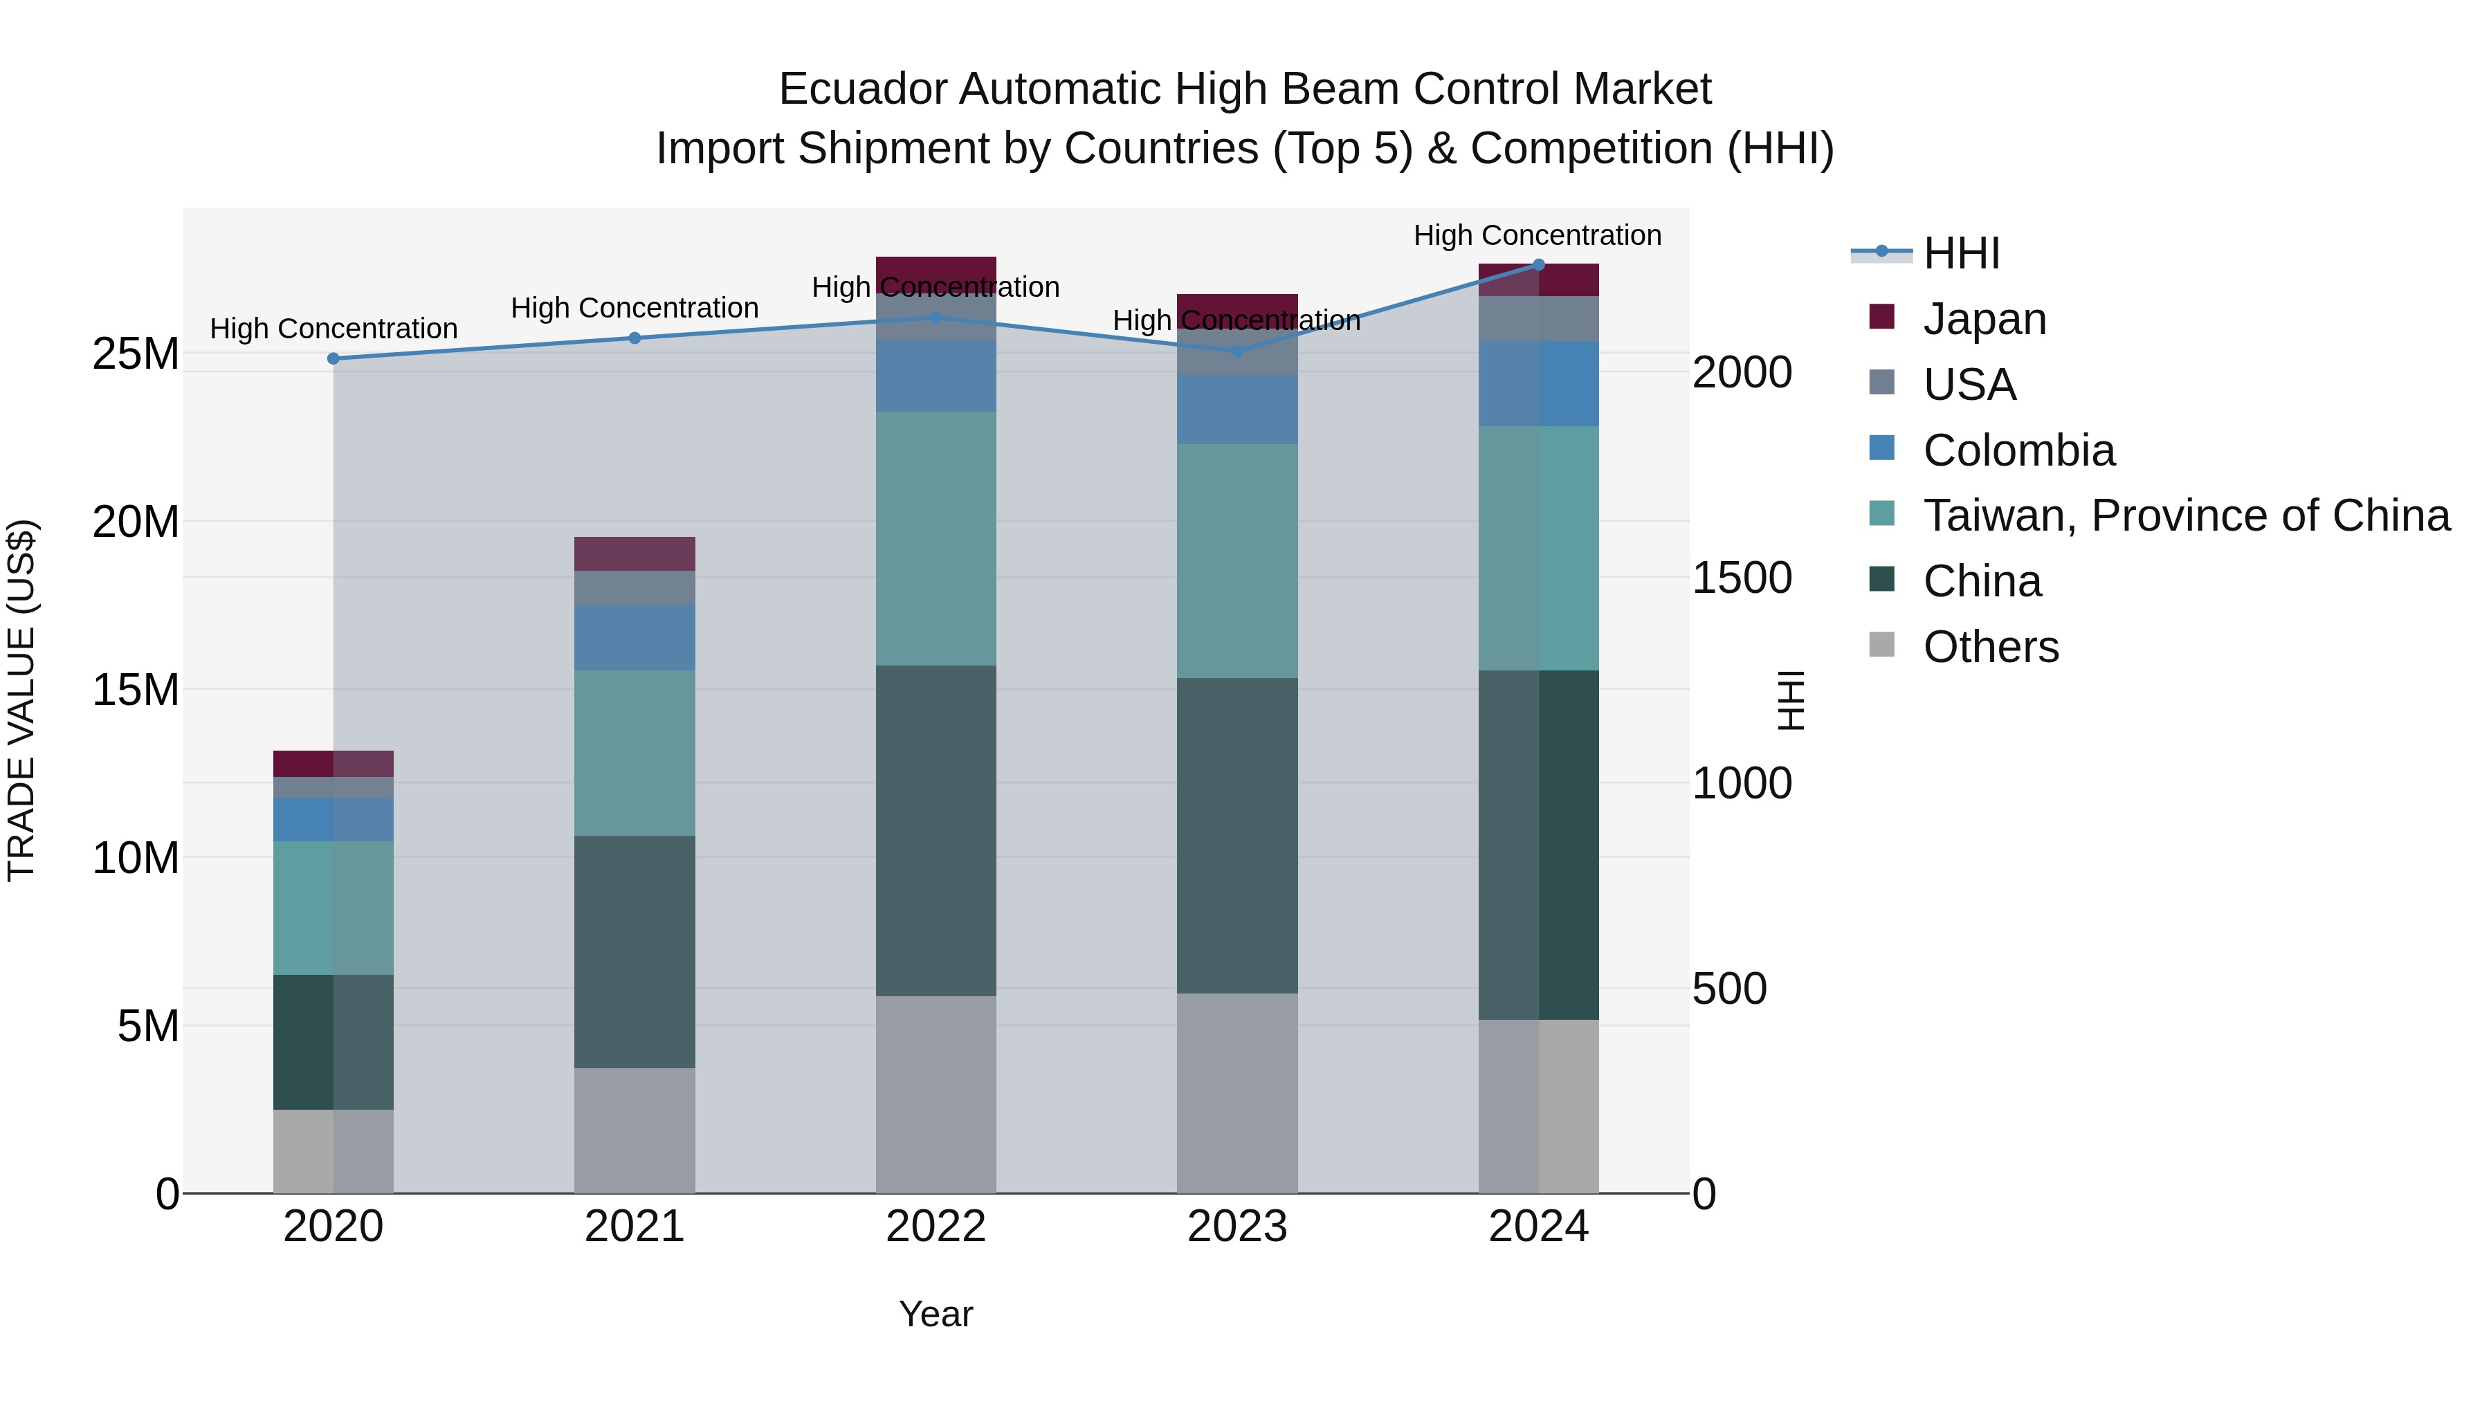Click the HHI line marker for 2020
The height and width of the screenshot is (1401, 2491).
pyautogui.click(x=334, y=358)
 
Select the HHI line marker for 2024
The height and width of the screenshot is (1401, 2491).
pyautogui.click(x=1538, y=265)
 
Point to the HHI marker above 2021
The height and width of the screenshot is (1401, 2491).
pyautogui.click(x=635, y=338)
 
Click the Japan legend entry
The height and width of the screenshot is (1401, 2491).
pyautogui.click(x=1984, y=319)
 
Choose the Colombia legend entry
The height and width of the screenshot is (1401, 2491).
pyautogui.click(x=2018, y=450)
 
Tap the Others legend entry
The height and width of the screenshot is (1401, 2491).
pyautogui.click(x=1990, y=647)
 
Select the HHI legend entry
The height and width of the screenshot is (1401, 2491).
pyautogui.click(x=1961, y=253)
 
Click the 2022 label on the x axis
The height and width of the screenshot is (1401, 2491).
pyautogui.click(x=935, y=1227)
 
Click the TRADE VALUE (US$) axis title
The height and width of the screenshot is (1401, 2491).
pyautogui.click(x=22, y=700)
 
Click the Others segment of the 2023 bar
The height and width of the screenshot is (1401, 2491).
pyautogui.click(x=1237, y=1092)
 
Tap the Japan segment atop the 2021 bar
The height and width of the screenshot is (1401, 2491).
pyautogui.click(x=635, y=554)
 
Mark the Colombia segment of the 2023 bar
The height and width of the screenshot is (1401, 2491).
pyautogui.click(x=1237, y=409)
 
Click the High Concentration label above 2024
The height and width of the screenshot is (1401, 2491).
pyautogui.click(x=1538, y=236)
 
